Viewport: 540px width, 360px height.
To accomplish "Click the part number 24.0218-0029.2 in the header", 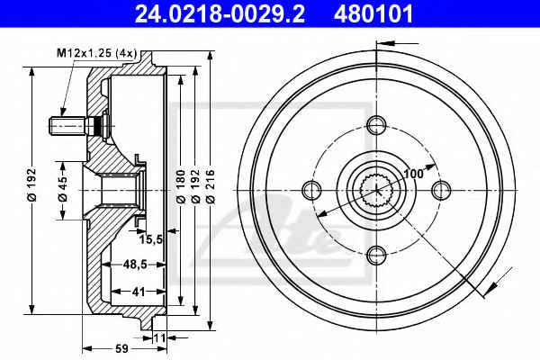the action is pyautogui.click(x=220, y=14).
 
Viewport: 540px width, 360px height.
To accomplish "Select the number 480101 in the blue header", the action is pyautogui.click(x=373, y=14).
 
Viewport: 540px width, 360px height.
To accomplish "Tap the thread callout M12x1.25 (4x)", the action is pyautogui.click(x=97, y=53).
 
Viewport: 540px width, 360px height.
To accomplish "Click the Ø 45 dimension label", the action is pyautogui.click(x=63, y=190).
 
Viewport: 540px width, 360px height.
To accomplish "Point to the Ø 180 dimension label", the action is pyautogui.click(x=181, y=186).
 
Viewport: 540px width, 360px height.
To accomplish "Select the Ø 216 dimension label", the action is pyautogui.click(x=210, y=186).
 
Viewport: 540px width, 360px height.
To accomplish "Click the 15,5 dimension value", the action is pyautogui.click(x=151, y=239).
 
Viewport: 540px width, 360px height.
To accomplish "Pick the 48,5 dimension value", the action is pyautogui.click(x=135, y=265).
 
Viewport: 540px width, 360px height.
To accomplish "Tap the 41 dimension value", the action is pyautogui.click(x=139, y=292).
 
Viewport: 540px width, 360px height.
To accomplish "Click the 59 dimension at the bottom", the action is pyautogui.click(x=121, y=348).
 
